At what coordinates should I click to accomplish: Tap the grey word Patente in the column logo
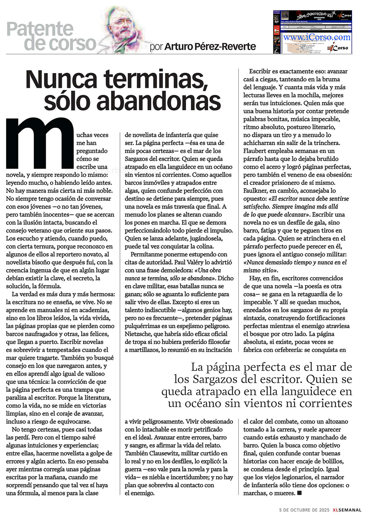[40, 29]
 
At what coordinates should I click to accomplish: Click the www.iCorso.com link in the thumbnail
[317, 37]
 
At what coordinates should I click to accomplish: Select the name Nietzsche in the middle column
[138, 334]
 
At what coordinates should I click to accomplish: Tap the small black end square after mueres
[299, 493]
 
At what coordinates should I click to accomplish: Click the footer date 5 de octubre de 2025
[304, 510]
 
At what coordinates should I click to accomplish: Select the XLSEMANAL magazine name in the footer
[346, 510]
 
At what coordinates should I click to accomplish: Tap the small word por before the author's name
[156, 47]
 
